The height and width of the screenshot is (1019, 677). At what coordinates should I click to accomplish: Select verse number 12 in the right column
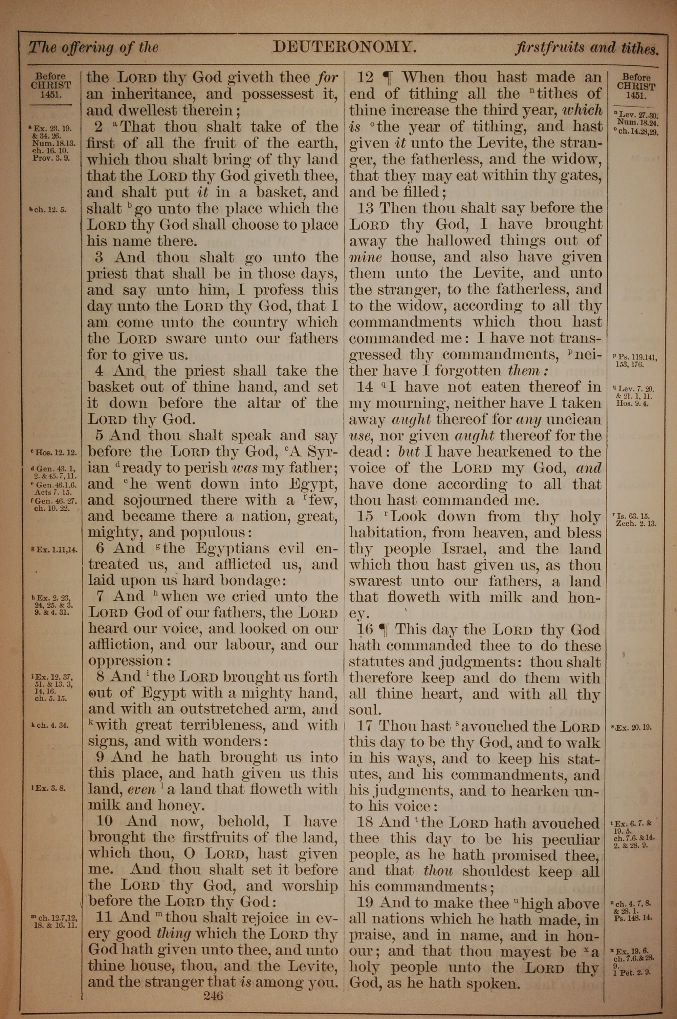[x=365, y=78]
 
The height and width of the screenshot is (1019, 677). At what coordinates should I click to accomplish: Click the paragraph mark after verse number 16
[x=383, y=629]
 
